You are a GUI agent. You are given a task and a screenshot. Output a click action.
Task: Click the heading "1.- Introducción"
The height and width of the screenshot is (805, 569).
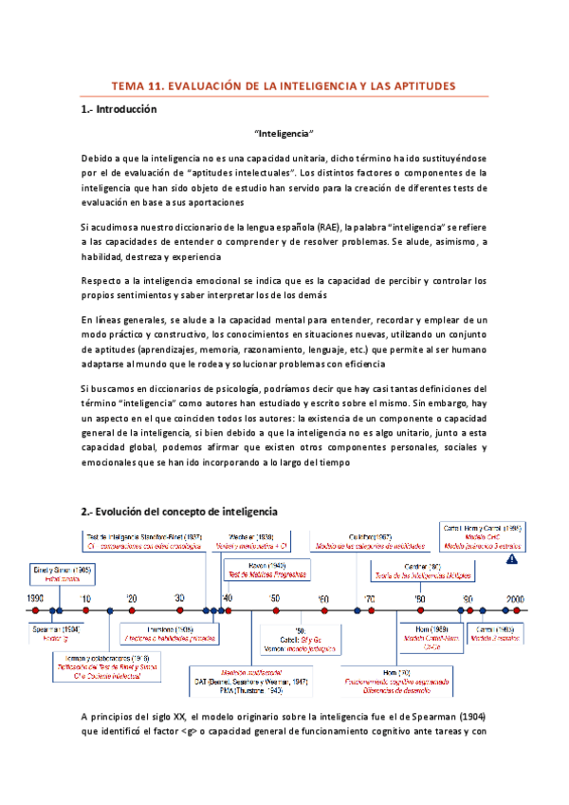tap(118, 109)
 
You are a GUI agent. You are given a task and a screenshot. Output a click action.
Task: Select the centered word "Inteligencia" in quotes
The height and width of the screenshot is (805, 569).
tap(284, 135)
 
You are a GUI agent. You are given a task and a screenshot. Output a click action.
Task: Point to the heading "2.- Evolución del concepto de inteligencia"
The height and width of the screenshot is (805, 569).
tap(179, 511)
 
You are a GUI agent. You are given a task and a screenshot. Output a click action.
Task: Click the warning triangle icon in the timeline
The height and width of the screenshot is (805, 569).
tap(512, 560)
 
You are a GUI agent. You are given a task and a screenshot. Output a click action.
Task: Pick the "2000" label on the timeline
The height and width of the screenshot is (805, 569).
tap(515, 599)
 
